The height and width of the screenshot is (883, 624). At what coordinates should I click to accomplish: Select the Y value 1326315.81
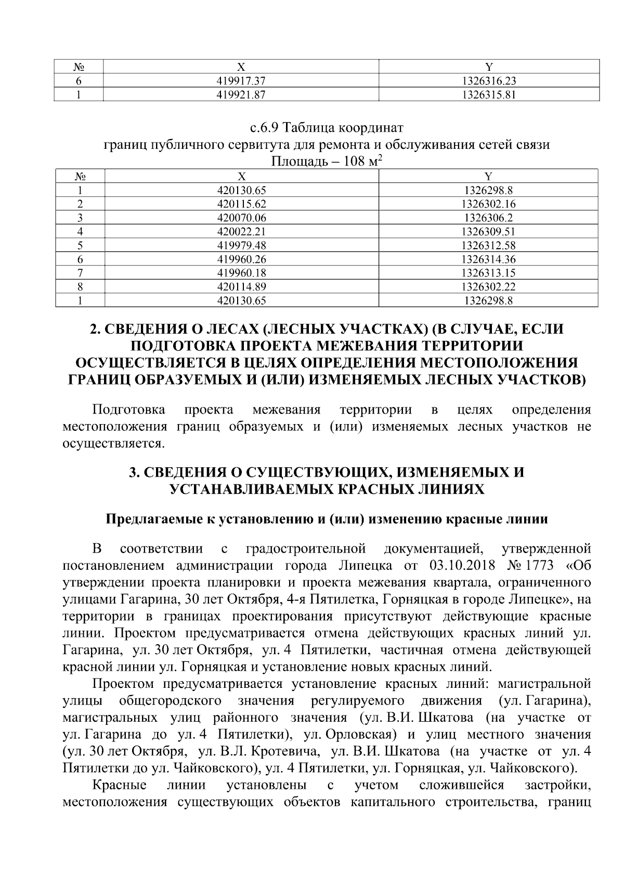[x=488, y=95]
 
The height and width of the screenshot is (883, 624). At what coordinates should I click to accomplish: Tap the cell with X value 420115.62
[x=241, y=204]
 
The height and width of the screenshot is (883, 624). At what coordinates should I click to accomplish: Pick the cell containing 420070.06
[x=241, y=218]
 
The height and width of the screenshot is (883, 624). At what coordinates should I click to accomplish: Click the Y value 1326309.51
[x=488, y=232]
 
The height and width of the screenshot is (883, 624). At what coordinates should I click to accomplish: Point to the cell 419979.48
[x=241, y=245]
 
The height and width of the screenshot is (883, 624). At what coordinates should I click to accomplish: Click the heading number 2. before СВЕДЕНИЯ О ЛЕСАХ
[x=95, y=329]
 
